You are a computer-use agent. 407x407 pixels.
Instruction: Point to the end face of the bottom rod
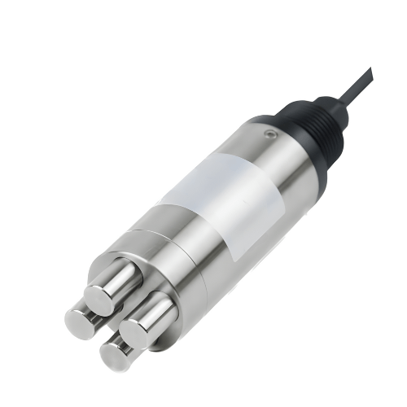[115, 356]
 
